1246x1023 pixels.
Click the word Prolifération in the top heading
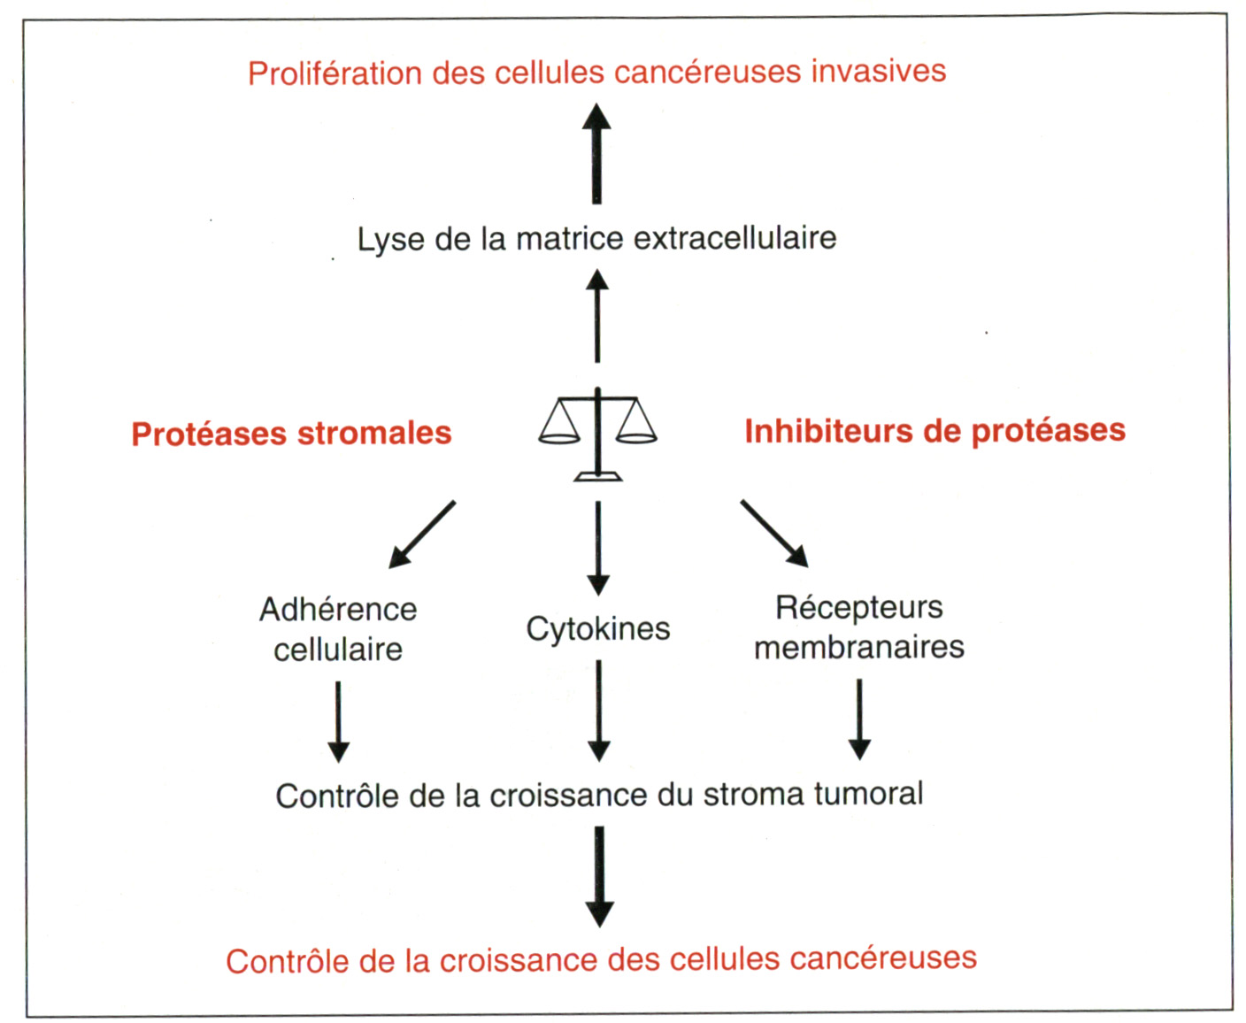click(335, 73)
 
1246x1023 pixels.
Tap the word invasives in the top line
click(879, 71)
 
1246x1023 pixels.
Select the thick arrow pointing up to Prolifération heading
click(596, 154)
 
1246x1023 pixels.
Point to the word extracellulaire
click(735, 238)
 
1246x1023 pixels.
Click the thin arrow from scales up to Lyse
click(597, 316)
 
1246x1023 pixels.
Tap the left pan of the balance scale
click(559, 422)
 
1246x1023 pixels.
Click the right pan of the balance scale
click(636, 421)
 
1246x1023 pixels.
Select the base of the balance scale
click(598, 476)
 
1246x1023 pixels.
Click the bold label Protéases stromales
click(291, 433)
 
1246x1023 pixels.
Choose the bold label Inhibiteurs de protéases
click(934, 431)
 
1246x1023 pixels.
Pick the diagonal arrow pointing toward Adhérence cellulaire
click(422, 535)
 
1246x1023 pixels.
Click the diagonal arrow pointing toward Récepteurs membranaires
click(774, 534)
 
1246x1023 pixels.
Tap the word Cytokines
click(598, 629)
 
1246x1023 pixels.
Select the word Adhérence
click(338, 610)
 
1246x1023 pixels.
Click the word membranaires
click(859, 647)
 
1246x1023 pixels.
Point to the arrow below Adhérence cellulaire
click(339, 721)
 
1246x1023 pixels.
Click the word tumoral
click(868, 794)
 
